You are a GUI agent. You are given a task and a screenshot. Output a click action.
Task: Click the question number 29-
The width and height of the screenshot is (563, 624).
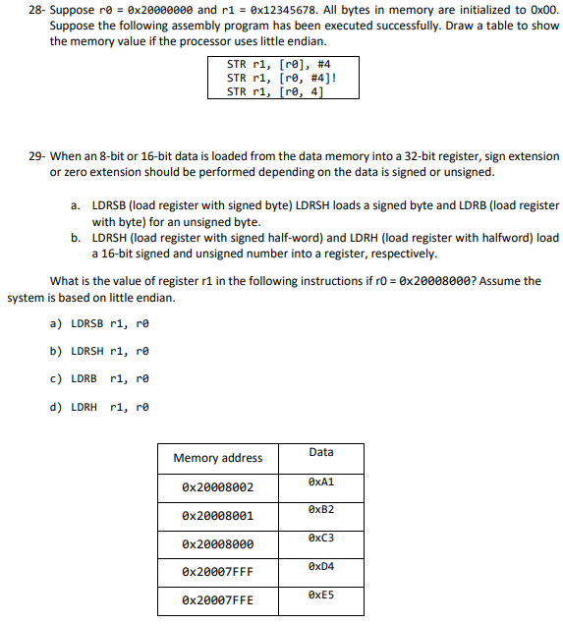click(x=35, y=156)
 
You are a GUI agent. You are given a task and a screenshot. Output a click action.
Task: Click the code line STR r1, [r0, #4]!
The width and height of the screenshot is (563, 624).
click(x=280, y=78)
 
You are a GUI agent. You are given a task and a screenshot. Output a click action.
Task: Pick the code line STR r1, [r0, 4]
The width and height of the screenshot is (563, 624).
click(x=274, y=91)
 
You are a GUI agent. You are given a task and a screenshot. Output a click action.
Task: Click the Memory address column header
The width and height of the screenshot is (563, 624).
click(x=217, y=458)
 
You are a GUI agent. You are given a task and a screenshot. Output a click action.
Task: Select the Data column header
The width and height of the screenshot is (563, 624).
click(x=320, y=452)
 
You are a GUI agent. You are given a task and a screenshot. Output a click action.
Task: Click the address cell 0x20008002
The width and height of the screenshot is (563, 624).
click(x=217, y=487)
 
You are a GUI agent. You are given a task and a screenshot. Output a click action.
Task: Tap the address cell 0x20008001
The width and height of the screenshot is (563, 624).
click(x=217, y=516)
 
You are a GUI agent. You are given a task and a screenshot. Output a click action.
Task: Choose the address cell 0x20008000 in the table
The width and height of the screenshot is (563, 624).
click(x=217, y=544)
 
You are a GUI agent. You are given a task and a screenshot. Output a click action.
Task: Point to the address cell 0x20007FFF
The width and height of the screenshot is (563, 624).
click(x=217, y=572)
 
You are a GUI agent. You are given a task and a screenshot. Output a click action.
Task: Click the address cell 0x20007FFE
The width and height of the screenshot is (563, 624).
click(x=217, y=600)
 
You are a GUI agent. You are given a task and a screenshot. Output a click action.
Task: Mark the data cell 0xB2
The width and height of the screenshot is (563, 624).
click(x=320, y=510)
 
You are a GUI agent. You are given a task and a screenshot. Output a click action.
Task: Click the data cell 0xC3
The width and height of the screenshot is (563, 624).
click(x=320, y=539)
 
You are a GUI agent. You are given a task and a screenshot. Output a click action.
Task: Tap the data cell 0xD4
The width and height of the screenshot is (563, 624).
click(x=320, y=567)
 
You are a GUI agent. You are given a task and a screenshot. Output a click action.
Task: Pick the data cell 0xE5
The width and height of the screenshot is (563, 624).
click(x=320, y=596)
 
